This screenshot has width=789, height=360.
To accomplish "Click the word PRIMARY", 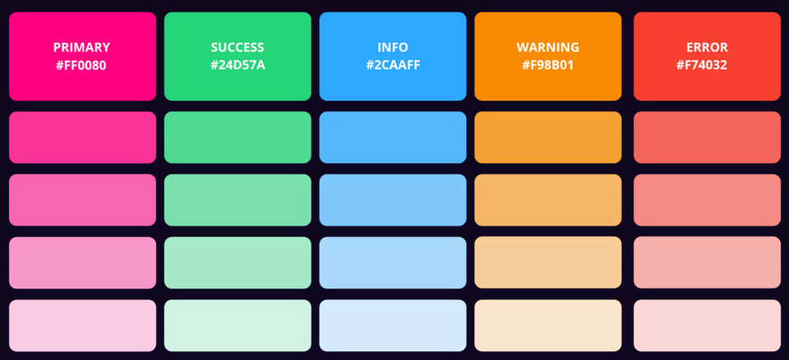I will click(x=81, y=47).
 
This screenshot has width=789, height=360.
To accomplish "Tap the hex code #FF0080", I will click(x=81, y=66).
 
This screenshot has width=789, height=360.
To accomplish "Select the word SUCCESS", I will click(x=237, y=47).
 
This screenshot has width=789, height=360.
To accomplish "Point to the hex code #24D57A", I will click(x=237, y=66).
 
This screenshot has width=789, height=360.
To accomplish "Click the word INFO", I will click(x=393, y=47).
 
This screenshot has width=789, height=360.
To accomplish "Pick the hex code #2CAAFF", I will click(x=393, y=66).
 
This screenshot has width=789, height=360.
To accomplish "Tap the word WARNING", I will click(x=548, y=47).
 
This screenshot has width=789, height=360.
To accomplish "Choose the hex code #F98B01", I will click(x=548, y=66).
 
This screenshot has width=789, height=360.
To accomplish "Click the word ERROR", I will click(x=707, y=47).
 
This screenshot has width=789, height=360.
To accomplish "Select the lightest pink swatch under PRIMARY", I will click(x=82, y=325).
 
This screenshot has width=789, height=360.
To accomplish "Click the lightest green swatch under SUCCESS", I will click(x=237, y=325).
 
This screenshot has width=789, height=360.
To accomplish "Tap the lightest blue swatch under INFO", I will click(x=393, y=325).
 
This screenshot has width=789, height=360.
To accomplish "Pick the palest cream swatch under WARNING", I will click(x=548, y=325).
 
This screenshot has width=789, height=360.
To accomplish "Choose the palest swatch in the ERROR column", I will click(x=707, y=325).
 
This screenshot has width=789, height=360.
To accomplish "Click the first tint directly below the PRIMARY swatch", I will click(x=82, y=137).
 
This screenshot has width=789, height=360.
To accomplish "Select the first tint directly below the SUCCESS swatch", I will click(x=237, y=137).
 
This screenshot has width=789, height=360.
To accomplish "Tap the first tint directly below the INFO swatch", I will click(x=393, y=137).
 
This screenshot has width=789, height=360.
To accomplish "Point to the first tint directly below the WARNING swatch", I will click(x=548, y=137).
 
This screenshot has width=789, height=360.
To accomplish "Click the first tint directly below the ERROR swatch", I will click(x=707, y=137).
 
